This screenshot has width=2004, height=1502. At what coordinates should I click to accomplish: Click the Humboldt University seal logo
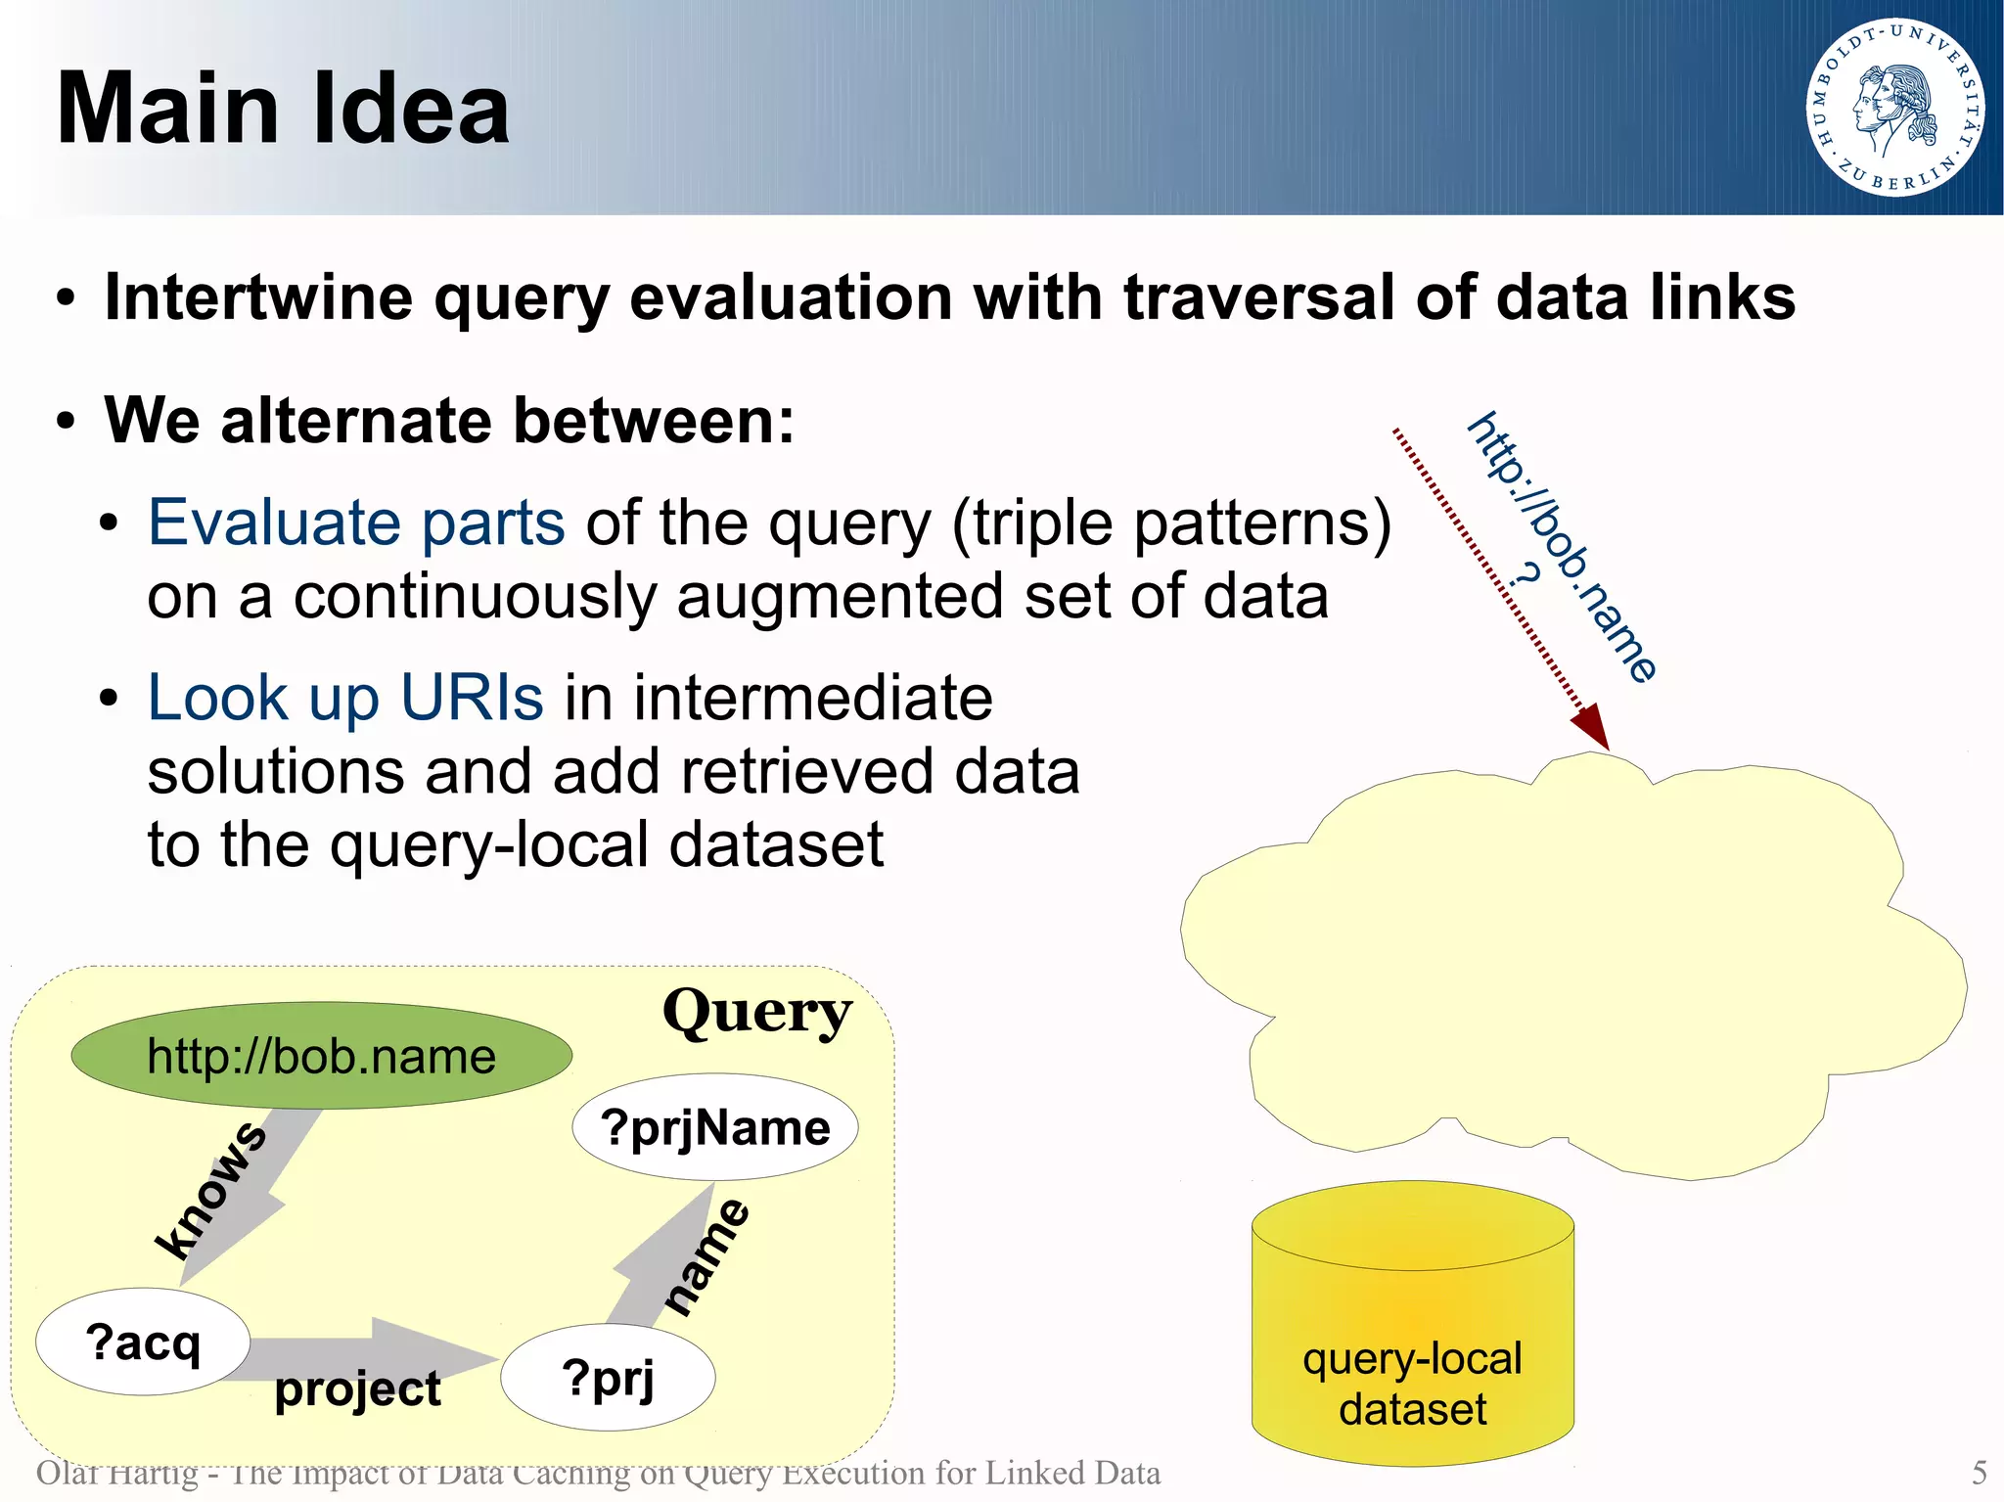tap(1894, 107)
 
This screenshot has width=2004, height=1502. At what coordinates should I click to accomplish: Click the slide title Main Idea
tap(283, 109)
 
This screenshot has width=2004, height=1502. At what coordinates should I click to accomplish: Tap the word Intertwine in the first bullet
tap(258, 297)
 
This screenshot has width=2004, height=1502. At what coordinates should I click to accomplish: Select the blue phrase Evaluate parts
tap(356, 523)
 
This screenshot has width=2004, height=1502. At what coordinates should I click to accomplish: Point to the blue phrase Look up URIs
tap(344, 698)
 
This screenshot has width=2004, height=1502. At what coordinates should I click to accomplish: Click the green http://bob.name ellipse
tap(321, 1056)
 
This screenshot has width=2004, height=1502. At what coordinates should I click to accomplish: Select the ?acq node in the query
tap(143, 1342)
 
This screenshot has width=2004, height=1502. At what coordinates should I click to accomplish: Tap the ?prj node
tap(608, 1378)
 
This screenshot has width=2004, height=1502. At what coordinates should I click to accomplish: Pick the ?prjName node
tap(715, 1127)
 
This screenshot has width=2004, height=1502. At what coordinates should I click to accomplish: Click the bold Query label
tap(756, 1012)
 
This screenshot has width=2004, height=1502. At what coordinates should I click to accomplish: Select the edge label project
tap(357, 1388)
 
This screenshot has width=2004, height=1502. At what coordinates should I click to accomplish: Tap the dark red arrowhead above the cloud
tap(1592, 727)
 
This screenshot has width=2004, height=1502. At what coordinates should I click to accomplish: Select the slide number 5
tap(1979, 1473)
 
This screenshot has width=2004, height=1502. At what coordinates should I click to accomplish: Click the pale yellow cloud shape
tap(1566, 969)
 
